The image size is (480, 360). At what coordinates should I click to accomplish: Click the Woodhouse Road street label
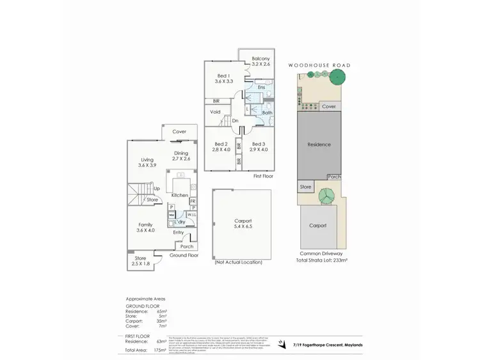coord(319,65)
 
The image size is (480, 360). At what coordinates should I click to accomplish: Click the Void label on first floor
coord(216,113)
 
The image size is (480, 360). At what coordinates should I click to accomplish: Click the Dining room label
coord(181,153)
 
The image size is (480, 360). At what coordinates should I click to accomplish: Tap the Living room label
coord(147,160)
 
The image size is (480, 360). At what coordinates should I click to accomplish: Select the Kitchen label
coord(180,195)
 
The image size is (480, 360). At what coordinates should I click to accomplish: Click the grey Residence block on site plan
coord(319,145)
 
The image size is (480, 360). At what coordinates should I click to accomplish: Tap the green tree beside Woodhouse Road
coord(337,78)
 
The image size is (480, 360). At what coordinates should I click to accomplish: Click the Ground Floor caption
coord(184,255)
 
